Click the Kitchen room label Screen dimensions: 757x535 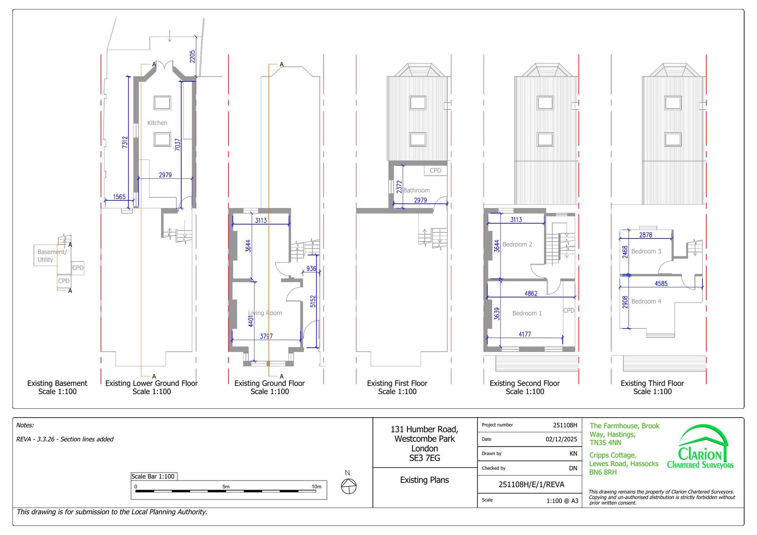157,123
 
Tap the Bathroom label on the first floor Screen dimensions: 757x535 416,191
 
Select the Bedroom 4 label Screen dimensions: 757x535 646,301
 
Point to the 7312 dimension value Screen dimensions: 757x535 125,142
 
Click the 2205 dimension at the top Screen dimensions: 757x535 192,56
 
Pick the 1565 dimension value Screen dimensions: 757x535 119,197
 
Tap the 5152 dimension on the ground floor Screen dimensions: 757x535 313,301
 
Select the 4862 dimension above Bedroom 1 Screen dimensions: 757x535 531,294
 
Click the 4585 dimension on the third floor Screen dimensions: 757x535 661,284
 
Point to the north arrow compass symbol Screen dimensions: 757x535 349,486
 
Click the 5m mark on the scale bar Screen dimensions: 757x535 226,487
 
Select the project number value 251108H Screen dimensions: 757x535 565,425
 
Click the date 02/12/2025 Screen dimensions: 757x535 561,439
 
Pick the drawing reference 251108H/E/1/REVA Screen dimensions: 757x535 531,485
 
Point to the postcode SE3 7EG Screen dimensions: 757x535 424,458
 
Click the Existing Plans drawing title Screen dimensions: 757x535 424,480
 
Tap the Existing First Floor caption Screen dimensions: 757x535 397,383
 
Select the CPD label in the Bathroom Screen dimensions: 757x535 435,171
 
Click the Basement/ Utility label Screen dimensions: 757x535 52,256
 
